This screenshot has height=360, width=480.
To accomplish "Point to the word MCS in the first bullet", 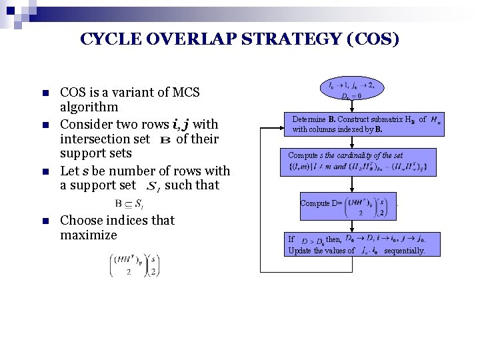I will pos(187,92).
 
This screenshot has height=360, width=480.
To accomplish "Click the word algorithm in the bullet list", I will pos(89,107).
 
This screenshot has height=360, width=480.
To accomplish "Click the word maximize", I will pos(88,235).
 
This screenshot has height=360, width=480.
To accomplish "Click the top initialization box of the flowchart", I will pos(352,90).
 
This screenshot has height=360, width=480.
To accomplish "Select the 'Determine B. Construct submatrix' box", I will pos(363,124).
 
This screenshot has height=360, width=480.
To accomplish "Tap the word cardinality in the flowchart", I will pos(354,155).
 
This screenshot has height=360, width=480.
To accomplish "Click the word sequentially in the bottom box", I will pos(404,251).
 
